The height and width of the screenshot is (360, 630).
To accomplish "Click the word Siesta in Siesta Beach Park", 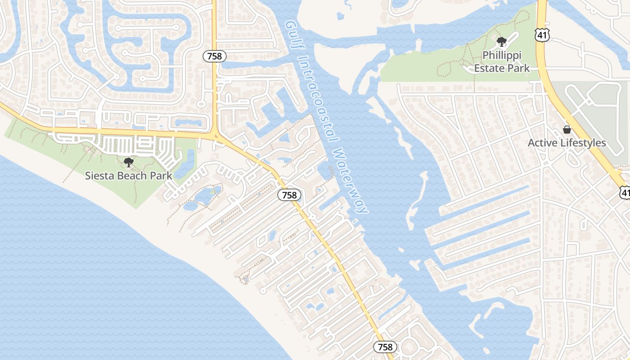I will pyautogui.click(x=98, y=175).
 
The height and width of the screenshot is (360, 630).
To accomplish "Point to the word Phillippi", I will pyautogui.click(x=502, y=55).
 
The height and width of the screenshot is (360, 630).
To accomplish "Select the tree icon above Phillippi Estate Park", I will pyautogui.click(x=501, y=42).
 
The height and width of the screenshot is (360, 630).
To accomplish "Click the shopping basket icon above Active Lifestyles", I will pyautogui.click(x=567, y=130).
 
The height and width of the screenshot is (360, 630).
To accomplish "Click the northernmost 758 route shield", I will pyautogui.click(x=214, y=56).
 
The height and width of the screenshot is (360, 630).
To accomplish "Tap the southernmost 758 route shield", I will pyautogui.click(x=385, y=347).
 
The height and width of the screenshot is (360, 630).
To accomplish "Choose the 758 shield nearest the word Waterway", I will pyautogui.click(x=289, y=195).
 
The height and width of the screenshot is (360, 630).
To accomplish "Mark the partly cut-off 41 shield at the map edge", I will pyautogui.click(x=625, y=192).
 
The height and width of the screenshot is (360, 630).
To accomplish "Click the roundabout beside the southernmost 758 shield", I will pyautogui.click(x=409, y=347).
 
